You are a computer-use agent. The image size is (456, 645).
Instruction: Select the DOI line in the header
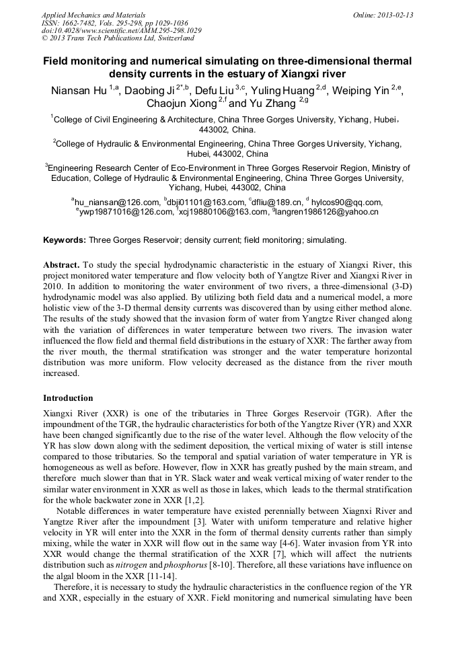[121, 31]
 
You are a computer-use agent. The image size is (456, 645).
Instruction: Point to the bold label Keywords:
[65, 239]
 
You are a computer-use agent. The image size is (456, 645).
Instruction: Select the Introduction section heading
[68, 397]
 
